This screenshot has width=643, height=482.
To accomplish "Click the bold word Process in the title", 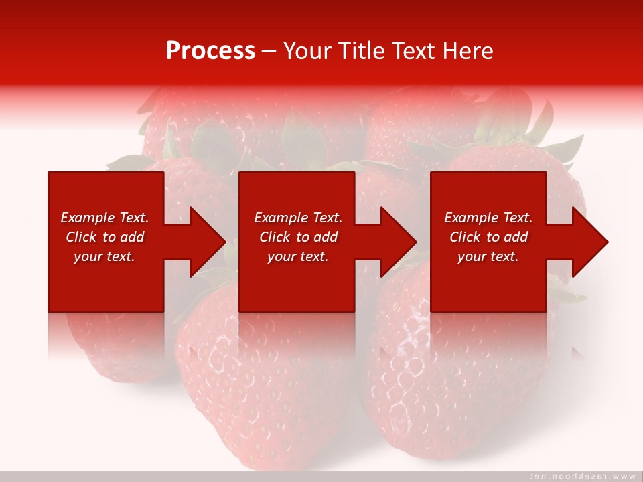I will [210, 51].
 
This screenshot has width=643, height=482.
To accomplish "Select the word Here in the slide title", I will [467, 51].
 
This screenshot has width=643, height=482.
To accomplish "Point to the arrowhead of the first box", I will [205, 242].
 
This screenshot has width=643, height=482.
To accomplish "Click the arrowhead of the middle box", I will [397, 242].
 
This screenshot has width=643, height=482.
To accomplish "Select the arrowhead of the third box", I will [588, 242].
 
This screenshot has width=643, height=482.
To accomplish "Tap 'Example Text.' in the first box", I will [104, 218].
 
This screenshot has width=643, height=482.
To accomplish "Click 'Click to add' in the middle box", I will [298, 237].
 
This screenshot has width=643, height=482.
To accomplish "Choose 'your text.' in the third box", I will [488, 256].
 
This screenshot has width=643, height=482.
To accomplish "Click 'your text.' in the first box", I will [104, 256].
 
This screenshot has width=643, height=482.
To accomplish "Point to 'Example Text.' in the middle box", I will [298, 218].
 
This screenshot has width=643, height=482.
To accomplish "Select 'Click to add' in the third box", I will [488, 237].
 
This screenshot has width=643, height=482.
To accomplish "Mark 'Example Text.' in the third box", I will [488, 218].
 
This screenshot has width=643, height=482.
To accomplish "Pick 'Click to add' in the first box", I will [104, 237].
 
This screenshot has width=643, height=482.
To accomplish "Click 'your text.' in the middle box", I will [298, 256].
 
